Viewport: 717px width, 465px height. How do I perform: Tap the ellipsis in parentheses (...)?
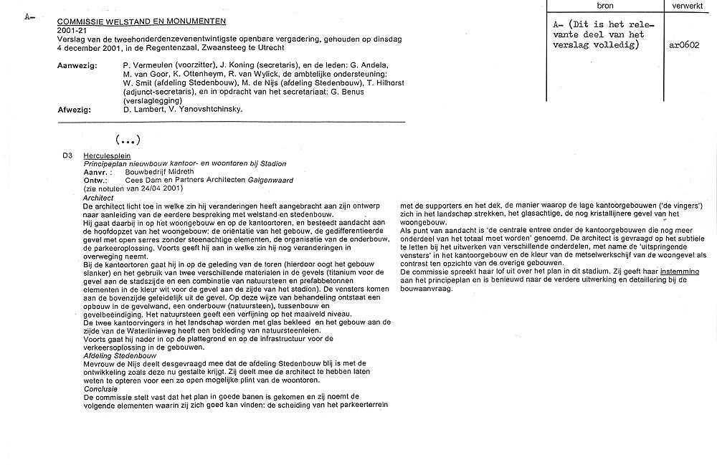pos(127,138)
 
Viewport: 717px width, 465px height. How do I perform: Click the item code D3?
pos(67,155)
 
